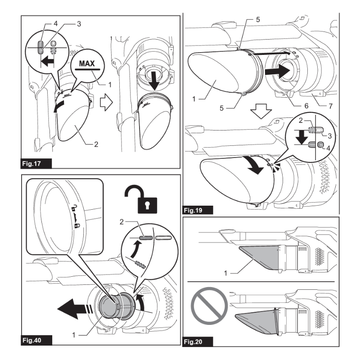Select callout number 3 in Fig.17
click(79, 24)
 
